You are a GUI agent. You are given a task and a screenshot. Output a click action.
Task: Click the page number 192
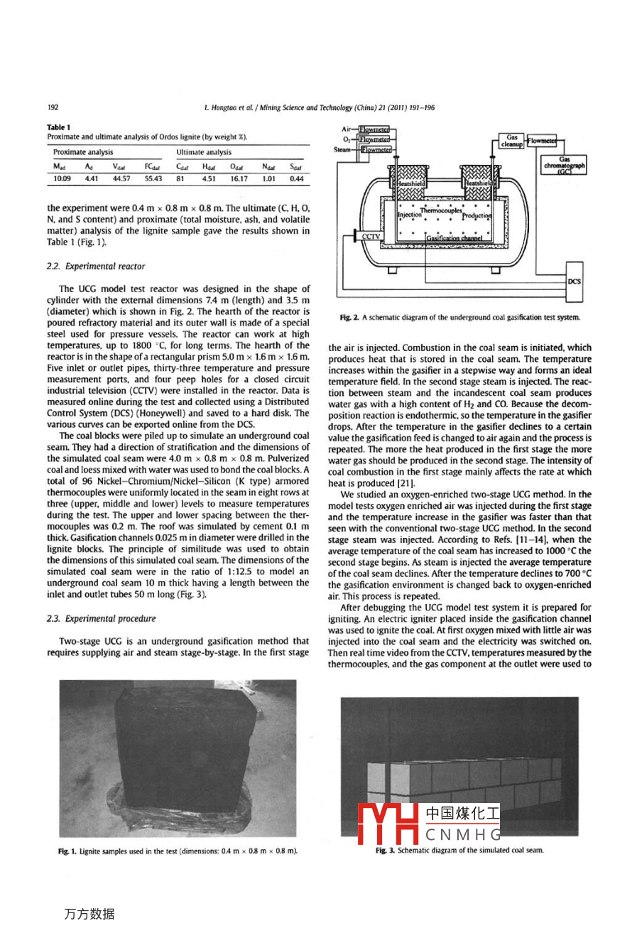(x=53, y=108)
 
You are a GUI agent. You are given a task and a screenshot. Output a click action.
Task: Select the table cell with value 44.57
(x=121, y=179)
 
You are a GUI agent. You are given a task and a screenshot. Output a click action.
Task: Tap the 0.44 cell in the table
(x=296, y=179)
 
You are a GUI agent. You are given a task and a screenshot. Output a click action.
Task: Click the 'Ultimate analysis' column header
(x=204, y=152)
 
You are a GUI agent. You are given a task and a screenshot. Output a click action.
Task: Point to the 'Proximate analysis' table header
(x=83, y=152)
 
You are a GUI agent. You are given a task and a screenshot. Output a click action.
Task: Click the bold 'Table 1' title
(x=59, y=128)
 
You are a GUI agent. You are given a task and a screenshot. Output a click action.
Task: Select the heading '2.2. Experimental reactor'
(x=96, y=266)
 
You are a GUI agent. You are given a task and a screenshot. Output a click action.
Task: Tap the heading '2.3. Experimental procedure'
(x=101, y=619)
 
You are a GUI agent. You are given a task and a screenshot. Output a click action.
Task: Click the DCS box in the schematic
(x=574, y=281)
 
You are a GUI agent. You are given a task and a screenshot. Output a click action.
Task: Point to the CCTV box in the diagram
(x=371, y=237)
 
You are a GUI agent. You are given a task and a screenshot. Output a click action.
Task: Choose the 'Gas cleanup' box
(x=511, y=141)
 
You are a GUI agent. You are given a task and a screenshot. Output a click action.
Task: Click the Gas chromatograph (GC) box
(x=565, y=165)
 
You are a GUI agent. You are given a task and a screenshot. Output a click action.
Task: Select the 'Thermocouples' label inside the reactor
(x=440, y=210)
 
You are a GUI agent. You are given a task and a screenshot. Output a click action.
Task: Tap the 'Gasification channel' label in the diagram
(x=455, y=239)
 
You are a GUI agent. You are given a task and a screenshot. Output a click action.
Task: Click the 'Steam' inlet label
(x=342, y=150)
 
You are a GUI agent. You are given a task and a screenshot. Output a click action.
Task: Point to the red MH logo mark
(x=388, y=824)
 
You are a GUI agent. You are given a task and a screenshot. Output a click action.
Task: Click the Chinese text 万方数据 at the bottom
(x=89, y=914)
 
